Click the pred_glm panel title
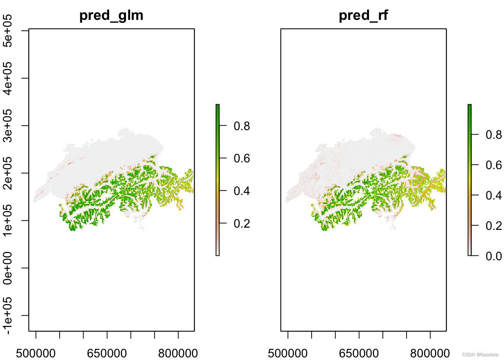[x=111, y=16]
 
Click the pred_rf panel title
[x=363, y=15]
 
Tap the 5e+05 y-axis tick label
[x=7, y=31]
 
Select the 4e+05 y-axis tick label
[x=7, y=78]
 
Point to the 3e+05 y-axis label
[x=7, y=126]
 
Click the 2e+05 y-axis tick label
[x=7, y=173]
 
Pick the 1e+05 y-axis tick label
[x=7, y=220]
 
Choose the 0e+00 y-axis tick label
[x=7, y=268]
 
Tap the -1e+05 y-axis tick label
[x=7, y=315]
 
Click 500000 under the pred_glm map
[x=36, y=353]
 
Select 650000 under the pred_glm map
[x=107, y=353]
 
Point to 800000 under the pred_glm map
[x=178, y=353]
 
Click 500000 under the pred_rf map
[x=288, y=353]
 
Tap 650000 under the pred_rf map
[x=359, y=353]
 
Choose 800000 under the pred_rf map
[x=430, y=353]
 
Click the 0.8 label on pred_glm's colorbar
[x=241, y=126]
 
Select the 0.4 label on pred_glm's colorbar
[x=241, y=191]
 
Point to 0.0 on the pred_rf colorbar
[x=493, y=256]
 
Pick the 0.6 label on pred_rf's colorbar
[x=493, y=165]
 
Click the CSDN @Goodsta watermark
[x=480, y=355]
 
